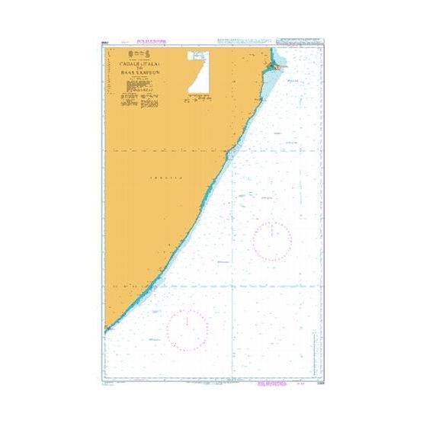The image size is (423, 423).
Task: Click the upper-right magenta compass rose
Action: [x=272, y=241]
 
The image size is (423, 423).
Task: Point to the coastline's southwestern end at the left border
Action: [x=106, y=330]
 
